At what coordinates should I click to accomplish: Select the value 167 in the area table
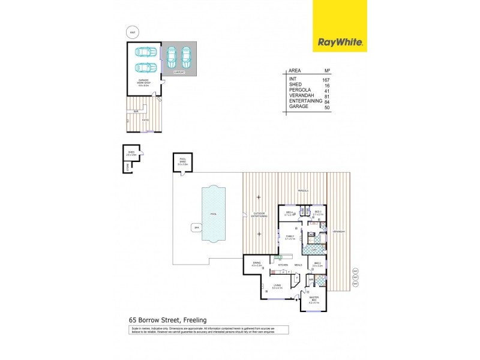tap(326, 79)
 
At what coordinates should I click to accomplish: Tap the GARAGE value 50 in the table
tap(327, 107)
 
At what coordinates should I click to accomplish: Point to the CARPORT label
tap(179, 72)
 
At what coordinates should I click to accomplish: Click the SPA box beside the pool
tap(196, 227)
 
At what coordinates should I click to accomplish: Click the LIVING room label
tap(277, 286)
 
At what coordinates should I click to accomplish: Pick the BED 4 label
tap(289, 213)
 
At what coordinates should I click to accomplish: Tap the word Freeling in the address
tap(194, 321)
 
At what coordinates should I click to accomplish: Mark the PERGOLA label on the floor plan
tap(303, 190)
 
